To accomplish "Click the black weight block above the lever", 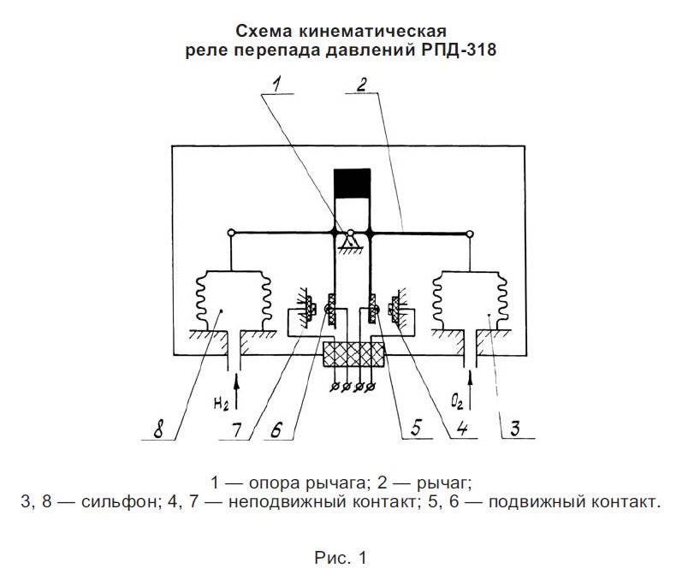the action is click(352, 183).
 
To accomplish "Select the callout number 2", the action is click(361, 84).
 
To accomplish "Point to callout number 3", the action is click(514, 428).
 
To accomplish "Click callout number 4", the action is click(461, 428).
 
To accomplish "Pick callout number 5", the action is click(416, 428).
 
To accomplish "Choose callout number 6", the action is click(276, 429).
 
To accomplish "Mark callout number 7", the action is click(237, 429).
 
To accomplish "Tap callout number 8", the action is click(158, 429).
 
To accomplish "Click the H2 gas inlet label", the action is click(221, 404).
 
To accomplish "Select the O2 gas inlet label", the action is click(457, 402).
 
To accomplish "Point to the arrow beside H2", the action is click(237, 391).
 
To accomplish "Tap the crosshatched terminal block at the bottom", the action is click(353, 354).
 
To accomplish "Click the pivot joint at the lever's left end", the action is click(231, 232).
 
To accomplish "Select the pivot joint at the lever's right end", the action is click(470, 234).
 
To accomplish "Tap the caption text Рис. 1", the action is click(341, 558).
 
